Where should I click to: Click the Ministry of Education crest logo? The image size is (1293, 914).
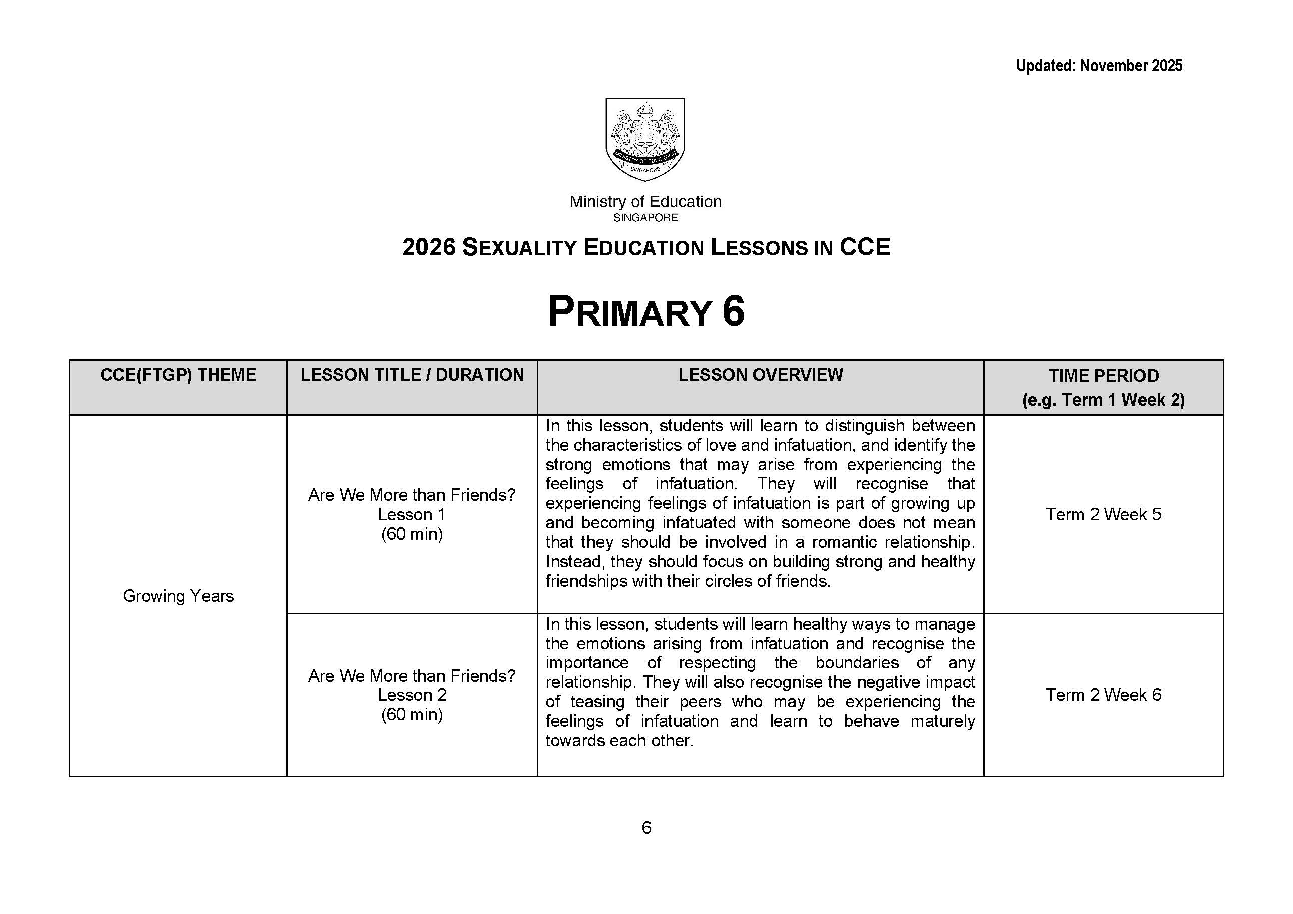(645, 139)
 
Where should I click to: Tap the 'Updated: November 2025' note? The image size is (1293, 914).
(1099, 66)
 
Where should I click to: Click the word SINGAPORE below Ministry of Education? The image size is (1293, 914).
(645, 218)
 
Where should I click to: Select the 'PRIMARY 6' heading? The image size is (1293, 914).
(646, 312)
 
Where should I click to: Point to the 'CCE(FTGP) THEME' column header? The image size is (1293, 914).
(178, 375)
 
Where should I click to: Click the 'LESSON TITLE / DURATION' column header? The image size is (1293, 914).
(412, 375)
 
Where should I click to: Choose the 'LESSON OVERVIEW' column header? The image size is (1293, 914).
(760, 375)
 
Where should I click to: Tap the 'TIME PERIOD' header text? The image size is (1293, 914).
(1103, 376)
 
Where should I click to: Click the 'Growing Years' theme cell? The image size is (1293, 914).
(178, 596)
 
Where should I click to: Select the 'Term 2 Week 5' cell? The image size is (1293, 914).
(1103, 514)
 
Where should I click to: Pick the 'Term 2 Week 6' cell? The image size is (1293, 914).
(1103, 695)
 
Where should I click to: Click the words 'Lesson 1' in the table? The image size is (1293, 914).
(412, 514)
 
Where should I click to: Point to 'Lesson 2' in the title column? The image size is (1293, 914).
(412, 695)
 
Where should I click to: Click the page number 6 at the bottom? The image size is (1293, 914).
(646, 828)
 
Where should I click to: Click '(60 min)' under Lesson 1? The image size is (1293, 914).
(412, 534)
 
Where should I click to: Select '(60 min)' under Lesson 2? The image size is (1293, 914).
(412, 715)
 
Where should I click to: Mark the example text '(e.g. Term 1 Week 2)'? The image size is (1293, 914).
(1103, 400)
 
